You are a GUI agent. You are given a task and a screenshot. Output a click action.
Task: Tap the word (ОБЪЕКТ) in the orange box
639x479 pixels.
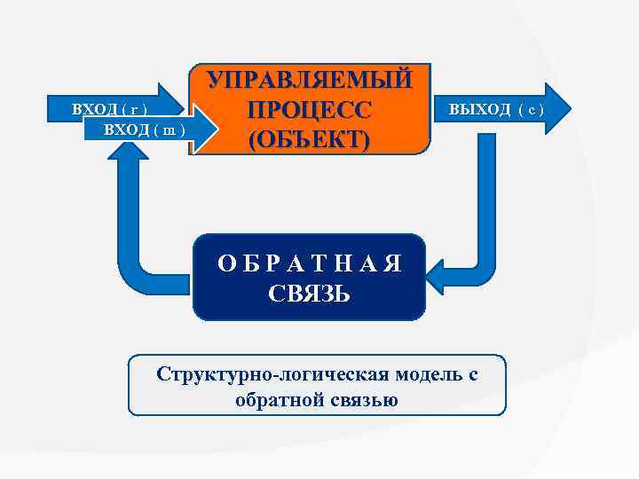[310, 141]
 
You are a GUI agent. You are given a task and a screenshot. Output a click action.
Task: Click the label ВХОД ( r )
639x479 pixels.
[109, 111]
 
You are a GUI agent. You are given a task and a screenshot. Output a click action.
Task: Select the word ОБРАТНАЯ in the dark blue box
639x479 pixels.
[310, 263]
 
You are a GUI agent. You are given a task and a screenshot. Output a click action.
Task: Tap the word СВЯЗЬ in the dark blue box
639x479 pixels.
[310, 293]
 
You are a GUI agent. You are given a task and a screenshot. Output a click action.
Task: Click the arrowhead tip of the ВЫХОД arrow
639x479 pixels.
[566, 109]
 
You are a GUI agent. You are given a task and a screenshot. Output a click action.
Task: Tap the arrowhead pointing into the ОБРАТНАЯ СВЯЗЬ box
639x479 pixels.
[438, 275]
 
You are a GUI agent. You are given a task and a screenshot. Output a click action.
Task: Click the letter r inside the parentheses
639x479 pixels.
[132, 111]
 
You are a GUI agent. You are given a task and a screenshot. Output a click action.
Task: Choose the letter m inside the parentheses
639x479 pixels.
[168, 131]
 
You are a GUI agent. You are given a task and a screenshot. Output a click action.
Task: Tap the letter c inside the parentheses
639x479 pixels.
[529, 110]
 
